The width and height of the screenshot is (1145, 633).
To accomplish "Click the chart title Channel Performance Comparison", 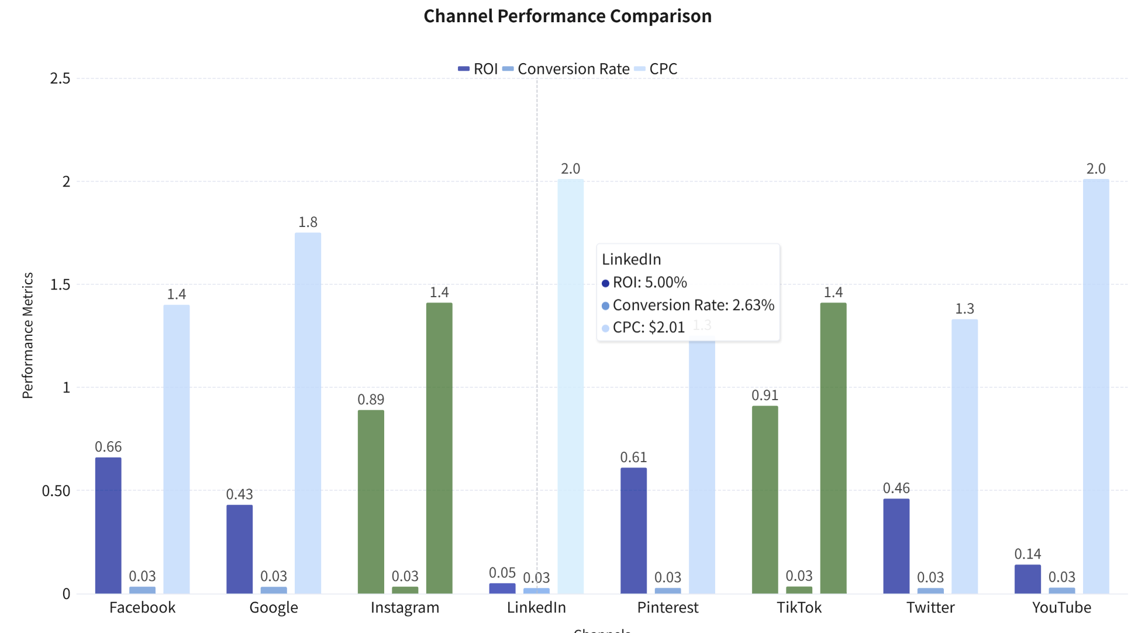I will [x=567, y=16].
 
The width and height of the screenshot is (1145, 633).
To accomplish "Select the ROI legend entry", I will [x=478, y=69].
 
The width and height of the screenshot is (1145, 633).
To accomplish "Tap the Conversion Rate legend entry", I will [x=566, y=69].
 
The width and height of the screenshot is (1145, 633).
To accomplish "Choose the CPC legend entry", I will [x=656, y=69].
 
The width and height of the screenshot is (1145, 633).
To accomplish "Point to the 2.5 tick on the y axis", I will [x=60, y=78].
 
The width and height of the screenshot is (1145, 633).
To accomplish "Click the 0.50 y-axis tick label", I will [x=56, y=491].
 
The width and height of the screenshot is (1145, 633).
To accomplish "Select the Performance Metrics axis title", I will [x=27, y=335].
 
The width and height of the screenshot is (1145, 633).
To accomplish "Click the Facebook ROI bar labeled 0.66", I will [x=108, y=525].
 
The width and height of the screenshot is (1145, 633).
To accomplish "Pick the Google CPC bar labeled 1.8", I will [x=308, y=413].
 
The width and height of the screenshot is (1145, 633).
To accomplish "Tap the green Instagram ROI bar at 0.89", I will [x=371, y=502].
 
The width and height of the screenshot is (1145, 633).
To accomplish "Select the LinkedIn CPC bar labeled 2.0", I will [x=570, y=386].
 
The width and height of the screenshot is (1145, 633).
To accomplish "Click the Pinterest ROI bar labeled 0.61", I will [x=633, y=531].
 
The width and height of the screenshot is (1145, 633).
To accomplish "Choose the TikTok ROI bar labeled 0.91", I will [x=765, y=500].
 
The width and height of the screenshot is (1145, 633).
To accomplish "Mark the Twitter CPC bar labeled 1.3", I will [x=964, y=456].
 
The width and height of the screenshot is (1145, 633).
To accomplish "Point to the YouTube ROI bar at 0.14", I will [x=1027, y=579].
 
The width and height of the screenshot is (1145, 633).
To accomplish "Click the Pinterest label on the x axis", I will [x=668, y=608].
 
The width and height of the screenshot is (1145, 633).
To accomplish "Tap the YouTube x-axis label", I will [x=1061, y=608].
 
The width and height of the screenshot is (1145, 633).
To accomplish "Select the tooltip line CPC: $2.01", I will [x=649, y=328].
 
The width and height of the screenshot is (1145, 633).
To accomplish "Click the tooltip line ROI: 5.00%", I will [x=650, y=283].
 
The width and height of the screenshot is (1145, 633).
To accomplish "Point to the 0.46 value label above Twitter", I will [x=896, y=488].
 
